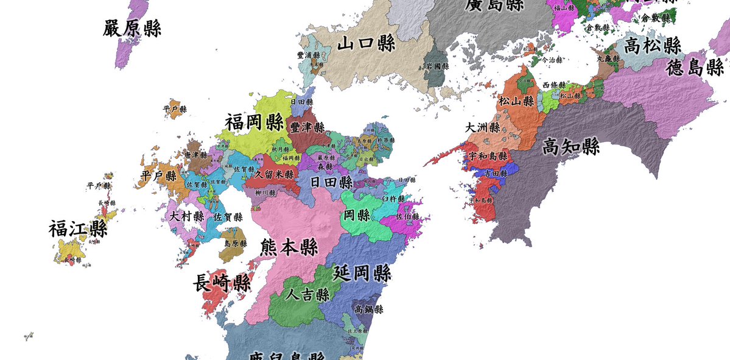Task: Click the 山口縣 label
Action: pyautogui.click(x=367, y=44)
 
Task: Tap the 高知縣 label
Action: pyautogui.click(x=570, y=147)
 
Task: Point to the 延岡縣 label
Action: pyautogui.click(x=362, y=274)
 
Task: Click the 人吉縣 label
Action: pyautogui.click(x=308, y=295)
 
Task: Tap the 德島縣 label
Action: pyautogui.click(x=695, y=68)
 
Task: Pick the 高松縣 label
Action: pyautogui.click(x=652, y=45)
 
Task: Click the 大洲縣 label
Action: pyautogui.click(x=483, y=128)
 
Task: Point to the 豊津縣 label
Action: pyautogui.click(x=307, y=127)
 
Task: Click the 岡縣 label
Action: pyautogui.click(x=357, y=215)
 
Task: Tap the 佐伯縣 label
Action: pyautogui.click(x=407, y=216)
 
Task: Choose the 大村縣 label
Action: pyautogui.click(x=187, y=216)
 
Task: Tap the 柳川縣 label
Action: pyautogui.click(x=265, y=192)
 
